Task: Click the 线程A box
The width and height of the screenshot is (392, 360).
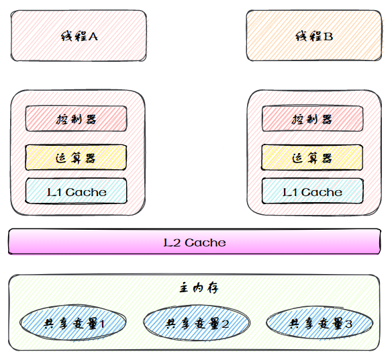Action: pyautogui.click(x=79, y=36)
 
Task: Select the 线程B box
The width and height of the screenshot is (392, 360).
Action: pyautogui.click(x=314, y=36)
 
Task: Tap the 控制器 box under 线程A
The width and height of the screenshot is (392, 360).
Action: pyautogui.click(x=77, y=119)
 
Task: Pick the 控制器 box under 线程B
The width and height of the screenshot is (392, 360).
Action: pyautogui.click(x=313, y=119)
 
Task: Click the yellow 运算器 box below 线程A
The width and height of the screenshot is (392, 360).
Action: pyautogui.click(x=76, y=158)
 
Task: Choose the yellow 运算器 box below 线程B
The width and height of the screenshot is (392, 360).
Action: pyautogui.click(x=312, y=158)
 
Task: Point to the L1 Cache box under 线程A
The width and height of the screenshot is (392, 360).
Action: pyautogui.click(x=77, y=191)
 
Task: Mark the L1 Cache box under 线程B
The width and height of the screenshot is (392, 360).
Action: pyautogui.click(x=313, y=191)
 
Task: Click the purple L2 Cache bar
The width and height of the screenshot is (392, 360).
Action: pyautogui.click(x=195, y=241)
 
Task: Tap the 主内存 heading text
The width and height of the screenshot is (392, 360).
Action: pyautogui.click(x=199, y=288)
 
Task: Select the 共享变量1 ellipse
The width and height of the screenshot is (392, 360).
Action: pyautogui.click(x=73, y=322)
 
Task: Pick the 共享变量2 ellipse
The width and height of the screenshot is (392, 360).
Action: pyautogui.click(x=197, y=322)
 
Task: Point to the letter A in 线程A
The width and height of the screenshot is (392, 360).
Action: pyautogui.click(x=93, y=36)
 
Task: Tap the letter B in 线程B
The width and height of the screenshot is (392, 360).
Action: pyautogui.click(x=328, y=36)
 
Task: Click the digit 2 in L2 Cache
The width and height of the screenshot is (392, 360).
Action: pyautogui.click(x=176, y=243)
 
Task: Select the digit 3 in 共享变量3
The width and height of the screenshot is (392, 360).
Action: pyautogui.click(x=348, y=324)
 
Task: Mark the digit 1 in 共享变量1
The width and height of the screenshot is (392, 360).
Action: pyautogui.click(x=102, y=324)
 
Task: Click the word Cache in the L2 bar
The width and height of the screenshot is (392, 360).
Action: pyautogui.click(x=205, y=242)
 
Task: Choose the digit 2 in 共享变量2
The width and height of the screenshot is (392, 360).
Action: pyautogui.click(x=225, y=324)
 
